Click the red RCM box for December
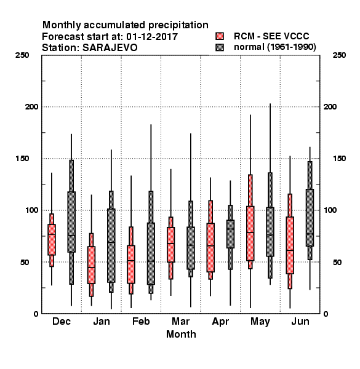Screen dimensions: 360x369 [x=52, y=240]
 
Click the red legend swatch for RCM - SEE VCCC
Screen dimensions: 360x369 [x=220, y=36]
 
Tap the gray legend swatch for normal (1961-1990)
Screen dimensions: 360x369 [x=220, y=47]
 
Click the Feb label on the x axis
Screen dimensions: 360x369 [x=141, y=321]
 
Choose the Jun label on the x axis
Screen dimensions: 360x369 [x=300, y=321]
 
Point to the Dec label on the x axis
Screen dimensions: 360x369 [x=62, y=321]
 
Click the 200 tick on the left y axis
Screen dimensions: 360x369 [x=31, y=107]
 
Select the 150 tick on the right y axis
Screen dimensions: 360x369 [x=339, y=159]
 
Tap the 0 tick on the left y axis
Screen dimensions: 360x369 [x=36, y=314]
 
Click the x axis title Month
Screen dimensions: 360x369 [x=181, y=334]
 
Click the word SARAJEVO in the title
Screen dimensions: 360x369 [x=110, y=48]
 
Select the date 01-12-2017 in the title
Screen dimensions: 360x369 [x=152, y=37]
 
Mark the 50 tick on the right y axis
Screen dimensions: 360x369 [x=337, y=262]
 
